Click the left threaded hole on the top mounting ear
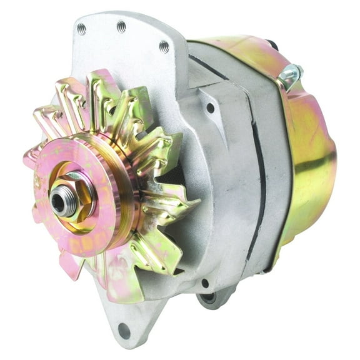tap(81, 28)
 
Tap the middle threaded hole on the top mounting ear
tap(121, 26)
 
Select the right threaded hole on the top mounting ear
tap(164, 46)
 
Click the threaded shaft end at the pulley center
tap(59, 200)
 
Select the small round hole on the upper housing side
tap(211, 107)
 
